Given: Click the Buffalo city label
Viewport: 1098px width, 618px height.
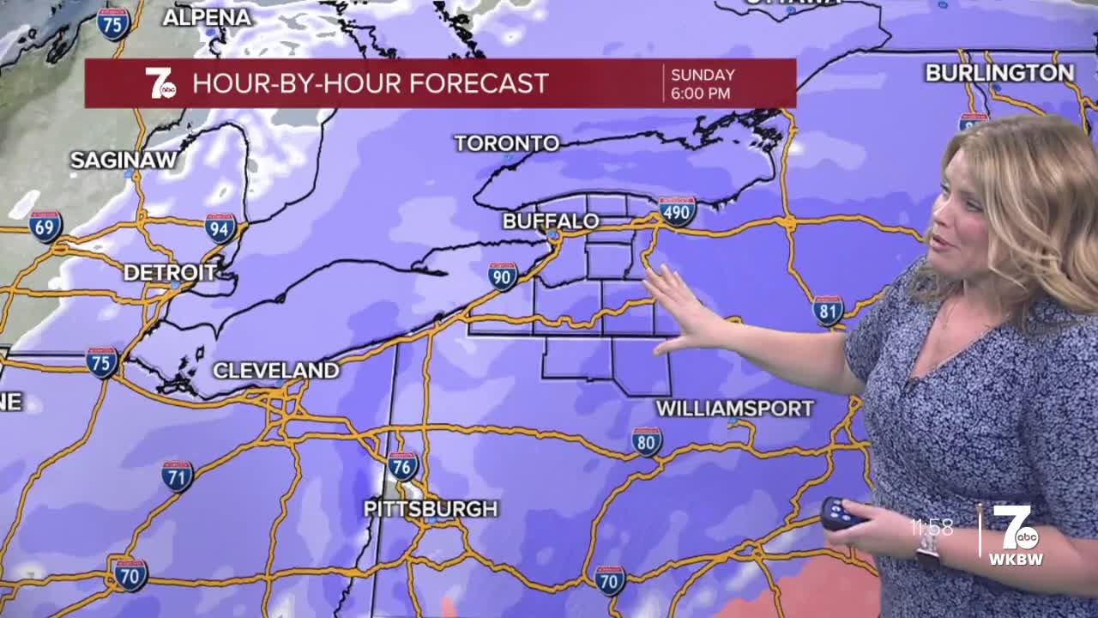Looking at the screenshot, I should (x=550, y=221).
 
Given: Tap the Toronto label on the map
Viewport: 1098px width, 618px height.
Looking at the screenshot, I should (x=506, y=143).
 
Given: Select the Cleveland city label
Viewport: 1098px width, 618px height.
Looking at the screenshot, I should (x=275, y=371).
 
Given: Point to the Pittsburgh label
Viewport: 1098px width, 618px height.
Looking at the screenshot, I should (x=431, y=509).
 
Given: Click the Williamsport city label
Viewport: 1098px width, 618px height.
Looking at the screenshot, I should (x=734, y=409).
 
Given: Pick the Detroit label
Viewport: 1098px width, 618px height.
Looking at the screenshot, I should (x=170, y=273).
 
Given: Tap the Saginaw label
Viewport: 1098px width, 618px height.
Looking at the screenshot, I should (x=124, y=161).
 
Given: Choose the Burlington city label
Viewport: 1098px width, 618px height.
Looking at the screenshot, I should (x=999, y=73).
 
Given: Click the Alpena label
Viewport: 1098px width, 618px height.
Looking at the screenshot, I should (x=207, y=17).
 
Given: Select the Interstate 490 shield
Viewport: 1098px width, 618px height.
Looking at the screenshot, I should (x=677, y=211).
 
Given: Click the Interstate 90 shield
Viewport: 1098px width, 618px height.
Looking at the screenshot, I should (x=503, y=276).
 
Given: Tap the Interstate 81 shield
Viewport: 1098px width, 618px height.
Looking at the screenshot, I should (x=828, y=311).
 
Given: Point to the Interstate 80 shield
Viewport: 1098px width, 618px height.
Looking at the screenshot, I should (x=647, y=441).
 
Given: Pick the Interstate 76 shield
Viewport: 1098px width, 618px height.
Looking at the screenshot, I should (x=402, y=466).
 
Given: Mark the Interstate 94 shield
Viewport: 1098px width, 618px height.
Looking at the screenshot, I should (x=220, y=228).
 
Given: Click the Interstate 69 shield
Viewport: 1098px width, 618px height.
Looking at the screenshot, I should (x=45, y=227).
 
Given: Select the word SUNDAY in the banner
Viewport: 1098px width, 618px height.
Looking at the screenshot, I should (x=703, y=75).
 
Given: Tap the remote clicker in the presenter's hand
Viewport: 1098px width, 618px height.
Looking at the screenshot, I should (x=841, y=513).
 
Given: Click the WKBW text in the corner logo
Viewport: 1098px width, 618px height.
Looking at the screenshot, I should (x=1017, y=560).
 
